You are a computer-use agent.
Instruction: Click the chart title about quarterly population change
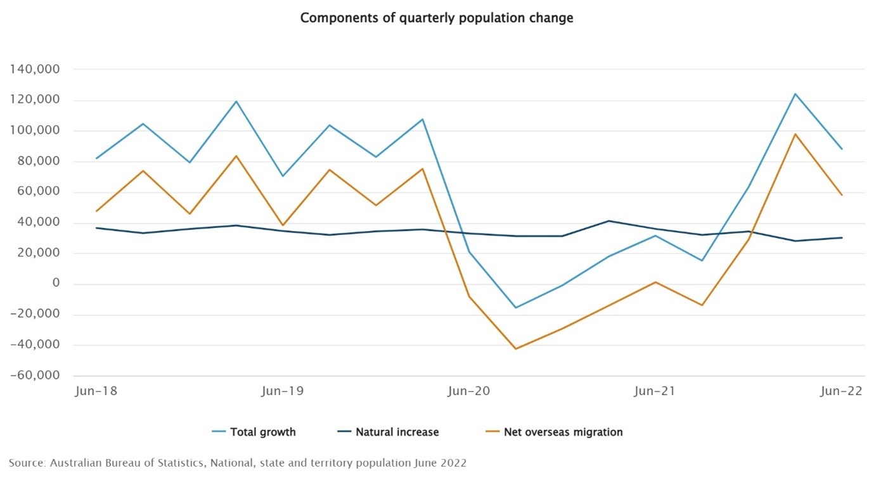tap(437, 18)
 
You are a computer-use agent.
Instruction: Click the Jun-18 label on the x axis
tap(96, 391)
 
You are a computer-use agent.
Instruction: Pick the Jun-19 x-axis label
tap(283, 391)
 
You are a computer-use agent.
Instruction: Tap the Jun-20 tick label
tap(469, 391)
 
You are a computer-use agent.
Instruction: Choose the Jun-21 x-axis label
tap(655, 391)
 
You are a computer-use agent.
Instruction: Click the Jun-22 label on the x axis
tap(841, 391)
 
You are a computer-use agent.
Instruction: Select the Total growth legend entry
tap(262, 432)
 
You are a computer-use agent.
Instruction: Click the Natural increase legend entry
tap(397, 432)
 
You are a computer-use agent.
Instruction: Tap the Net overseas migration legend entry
tap(563, 432)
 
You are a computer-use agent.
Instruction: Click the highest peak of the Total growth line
tap(795, 94)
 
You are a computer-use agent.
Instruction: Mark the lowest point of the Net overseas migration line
tap(516, 349)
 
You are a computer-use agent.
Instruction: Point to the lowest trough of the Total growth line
tap(516, 308)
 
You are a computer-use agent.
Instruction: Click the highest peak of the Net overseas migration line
tap(795, 134)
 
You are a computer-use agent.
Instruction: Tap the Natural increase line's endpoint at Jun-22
tap(842, 237)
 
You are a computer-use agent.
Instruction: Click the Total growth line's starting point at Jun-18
tap(96, 158)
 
